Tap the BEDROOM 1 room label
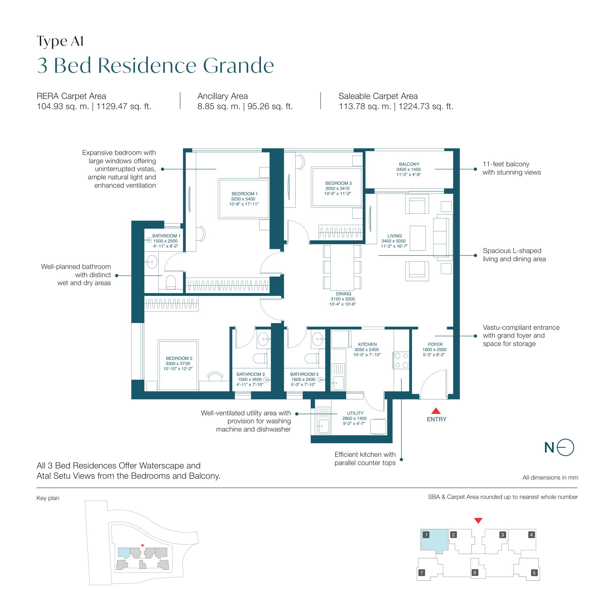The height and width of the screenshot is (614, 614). [244, 194]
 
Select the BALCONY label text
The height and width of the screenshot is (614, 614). [409, 164]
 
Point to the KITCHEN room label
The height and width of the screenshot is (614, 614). [367, 344]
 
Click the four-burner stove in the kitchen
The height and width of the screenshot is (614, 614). [401, 360]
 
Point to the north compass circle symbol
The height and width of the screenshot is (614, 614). [565, 447]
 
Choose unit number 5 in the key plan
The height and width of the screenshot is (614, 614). [534, 573]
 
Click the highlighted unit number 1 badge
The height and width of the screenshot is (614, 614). [426, 534]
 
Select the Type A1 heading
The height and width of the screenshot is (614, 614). [60, 41]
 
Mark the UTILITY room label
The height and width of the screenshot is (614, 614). [355, 413]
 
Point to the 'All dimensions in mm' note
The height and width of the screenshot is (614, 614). [550, 477]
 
